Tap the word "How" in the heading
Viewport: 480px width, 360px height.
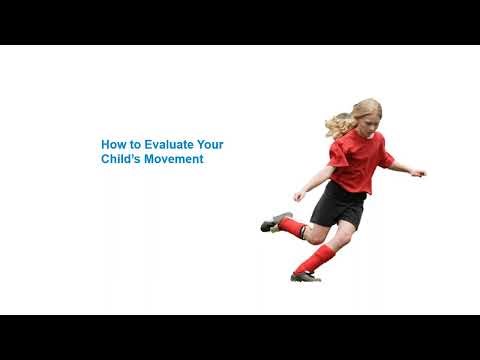[x=113, y=144]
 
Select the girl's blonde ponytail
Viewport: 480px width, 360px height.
[x=337, y=125]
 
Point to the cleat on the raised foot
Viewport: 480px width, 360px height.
[x=274, y=222]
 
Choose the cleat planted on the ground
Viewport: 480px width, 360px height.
[x=304, y=276]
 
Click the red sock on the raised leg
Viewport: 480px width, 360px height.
[x=293, y=228]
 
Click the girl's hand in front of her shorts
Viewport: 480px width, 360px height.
[x=297, y=195]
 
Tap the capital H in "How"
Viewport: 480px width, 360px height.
[x=105, y=144]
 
